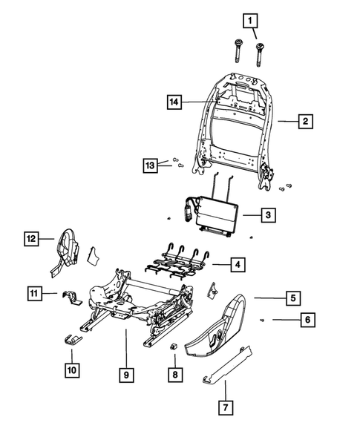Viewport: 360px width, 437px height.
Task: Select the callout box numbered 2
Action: click(304, 121)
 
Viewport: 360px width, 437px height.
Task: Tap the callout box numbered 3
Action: click(269, 215)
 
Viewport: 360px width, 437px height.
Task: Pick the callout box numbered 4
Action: click(237, 263)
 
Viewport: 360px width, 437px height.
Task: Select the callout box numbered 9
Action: click(126, 377)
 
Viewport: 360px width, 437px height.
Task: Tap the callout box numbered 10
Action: click(71, 369)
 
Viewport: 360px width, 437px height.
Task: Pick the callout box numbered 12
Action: click(32, 239)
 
